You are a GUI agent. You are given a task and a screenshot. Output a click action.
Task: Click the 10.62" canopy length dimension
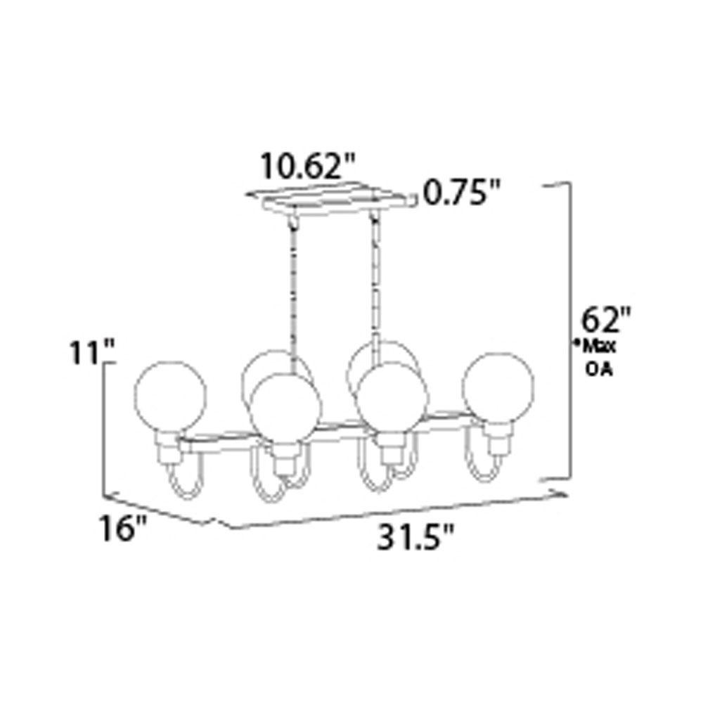coord(308,167)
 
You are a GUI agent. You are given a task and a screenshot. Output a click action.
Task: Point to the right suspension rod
coord(375,281)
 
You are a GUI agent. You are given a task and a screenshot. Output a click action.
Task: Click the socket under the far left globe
coord(169,444)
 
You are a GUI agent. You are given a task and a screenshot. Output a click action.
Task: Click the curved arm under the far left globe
coord(184,485)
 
